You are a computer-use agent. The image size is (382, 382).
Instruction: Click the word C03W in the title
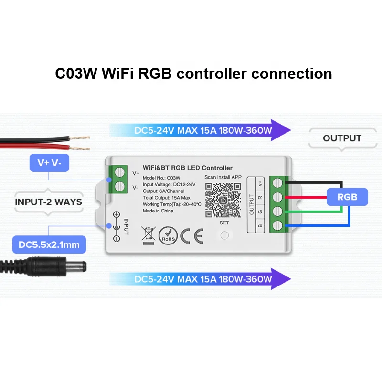tap(77, 74)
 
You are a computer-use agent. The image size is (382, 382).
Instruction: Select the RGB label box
tap(347, 196)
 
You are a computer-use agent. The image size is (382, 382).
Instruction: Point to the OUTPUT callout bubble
tap(342, 138)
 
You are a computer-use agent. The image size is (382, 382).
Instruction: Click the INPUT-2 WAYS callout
tap(48, 202)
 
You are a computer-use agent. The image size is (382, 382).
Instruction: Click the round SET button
tap(224, 235)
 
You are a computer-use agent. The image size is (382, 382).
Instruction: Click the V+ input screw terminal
tap(120, 172)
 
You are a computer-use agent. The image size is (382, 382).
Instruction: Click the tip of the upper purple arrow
tap(290, 129)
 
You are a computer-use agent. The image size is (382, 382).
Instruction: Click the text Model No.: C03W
tap(158, 177)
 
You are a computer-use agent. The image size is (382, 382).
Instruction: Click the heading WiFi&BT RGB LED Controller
tap(188, 168)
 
